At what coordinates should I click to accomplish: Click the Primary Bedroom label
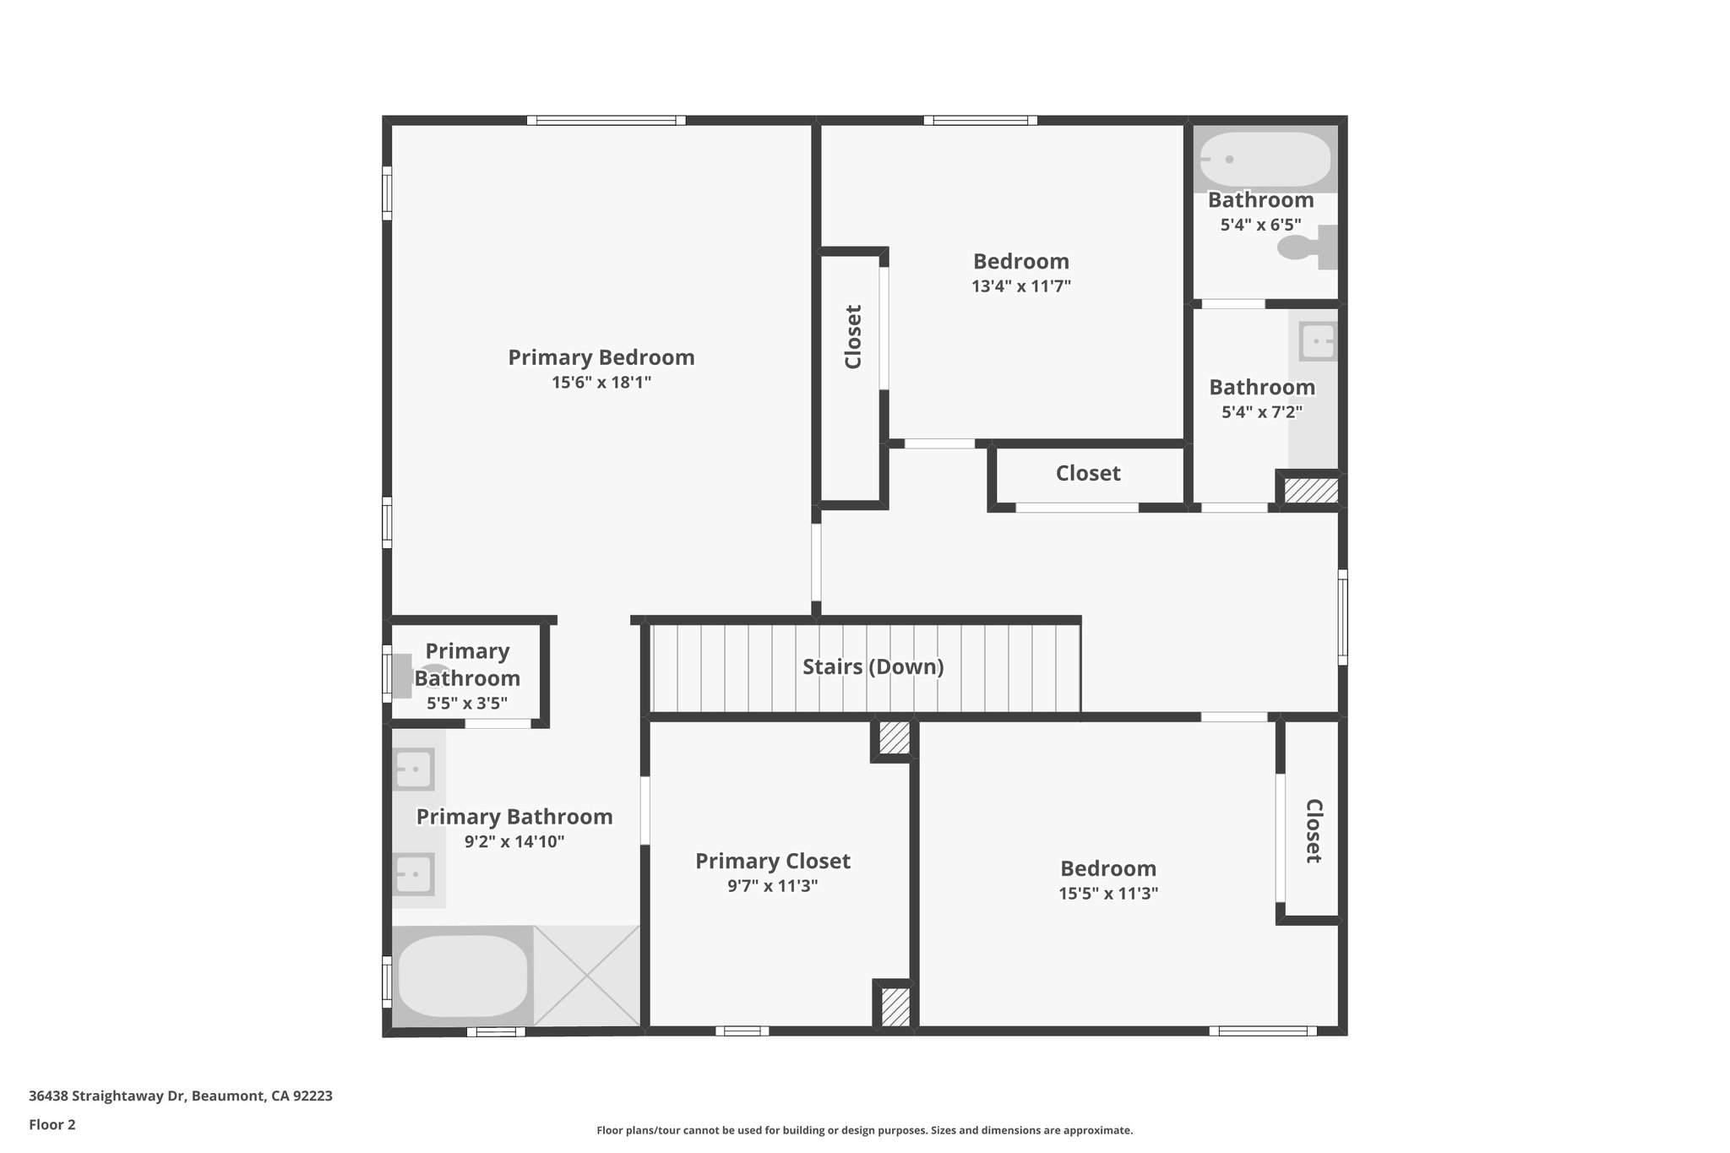(601, 357)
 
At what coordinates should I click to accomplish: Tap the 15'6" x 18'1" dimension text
(601, 383)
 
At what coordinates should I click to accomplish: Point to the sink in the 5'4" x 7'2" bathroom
(1317, 343)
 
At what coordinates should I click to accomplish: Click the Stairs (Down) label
(873, 667)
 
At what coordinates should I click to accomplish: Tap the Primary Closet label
(772, 861)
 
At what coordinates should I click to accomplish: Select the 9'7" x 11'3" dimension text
(772, 886)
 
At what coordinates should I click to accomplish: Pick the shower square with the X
(586, 976)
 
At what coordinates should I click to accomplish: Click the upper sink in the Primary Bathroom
(414, 770)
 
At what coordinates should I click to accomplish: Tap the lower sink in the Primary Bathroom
(414, 873)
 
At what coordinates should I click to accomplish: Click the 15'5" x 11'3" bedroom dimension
(1107, 894)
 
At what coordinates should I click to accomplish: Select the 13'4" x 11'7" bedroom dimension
(1020, 286)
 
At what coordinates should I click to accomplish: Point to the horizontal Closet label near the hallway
(1087, 473)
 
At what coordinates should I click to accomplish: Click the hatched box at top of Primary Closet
(894, 738)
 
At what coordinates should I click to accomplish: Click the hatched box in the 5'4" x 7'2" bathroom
(1310, 491)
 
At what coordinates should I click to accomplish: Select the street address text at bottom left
(180, 1096)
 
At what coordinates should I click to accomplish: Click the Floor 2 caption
(52, 1124)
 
